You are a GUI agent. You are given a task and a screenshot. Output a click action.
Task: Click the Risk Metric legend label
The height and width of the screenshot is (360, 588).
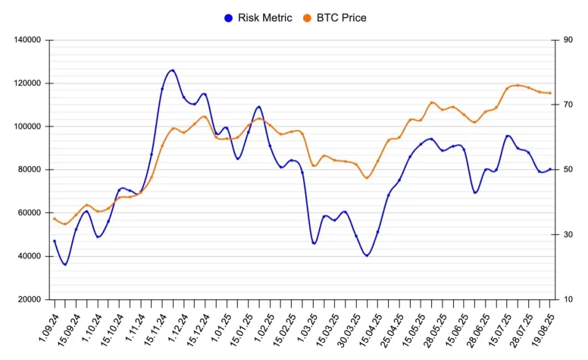pyautogui.click(x=264, y=17)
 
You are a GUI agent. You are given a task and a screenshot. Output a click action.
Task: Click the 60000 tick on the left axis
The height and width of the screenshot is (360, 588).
pyautogui.click(x=31, y=213)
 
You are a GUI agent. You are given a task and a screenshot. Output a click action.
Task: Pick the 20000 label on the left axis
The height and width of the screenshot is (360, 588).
pyautogui.click(x=31, y=299)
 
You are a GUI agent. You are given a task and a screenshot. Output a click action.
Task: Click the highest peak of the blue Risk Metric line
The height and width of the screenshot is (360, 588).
pyautogui.click(x=173, y=70)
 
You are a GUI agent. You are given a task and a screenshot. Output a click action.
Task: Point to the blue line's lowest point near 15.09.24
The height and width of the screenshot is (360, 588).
pyautogui.click(x=65, y=265)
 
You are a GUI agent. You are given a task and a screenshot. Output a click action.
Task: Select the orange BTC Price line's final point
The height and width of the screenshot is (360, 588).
pyautogui.click(x=549, y=93)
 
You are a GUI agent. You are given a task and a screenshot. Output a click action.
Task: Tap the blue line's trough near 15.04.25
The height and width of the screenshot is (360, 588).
pyautogui.click(x=367, y=255)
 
